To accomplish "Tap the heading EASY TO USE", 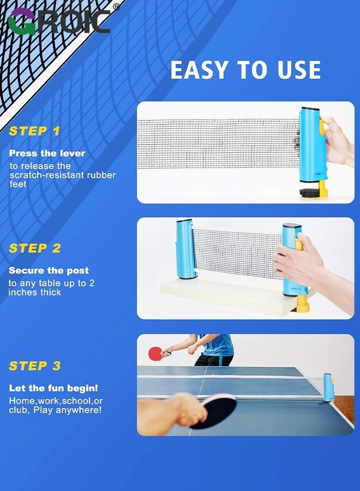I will click(x=245, y=70).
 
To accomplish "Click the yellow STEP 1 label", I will click(x=34, y=131).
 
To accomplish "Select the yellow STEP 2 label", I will click(x=35, y=248).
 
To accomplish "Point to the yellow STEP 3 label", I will click(x=35, y=366).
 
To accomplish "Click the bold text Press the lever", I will click(x=47, y=153).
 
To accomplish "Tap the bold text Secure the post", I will click(x=49, y=271).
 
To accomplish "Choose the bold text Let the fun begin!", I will click(x=53, y=388).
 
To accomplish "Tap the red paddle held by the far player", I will click(x=155, y=353).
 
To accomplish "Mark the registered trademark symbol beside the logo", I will click(x=116, y=7).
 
